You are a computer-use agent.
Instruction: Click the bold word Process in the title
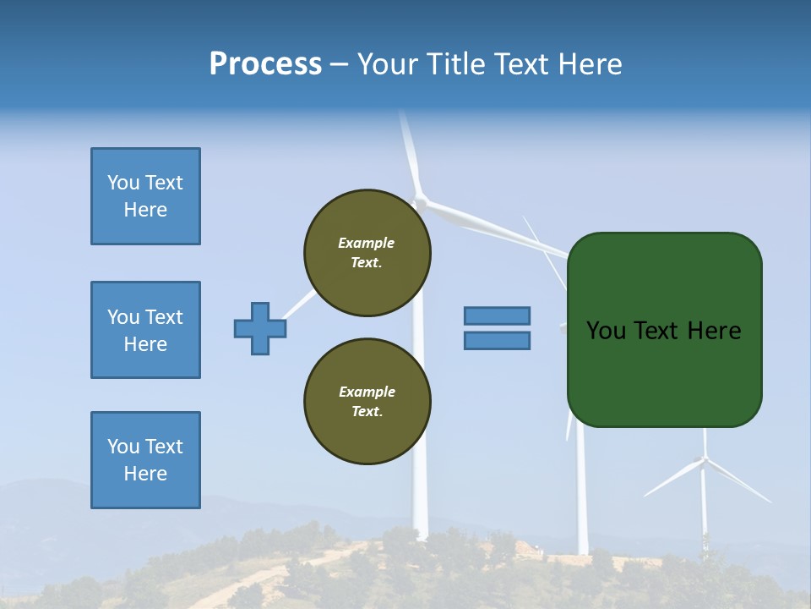(265, 64)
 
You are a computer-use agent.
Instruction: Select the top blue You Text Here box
(145, 196)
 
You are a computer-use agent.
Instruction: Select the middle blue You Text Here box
(145, 330)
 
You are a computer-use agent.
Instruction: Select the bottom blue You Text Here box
(145, 460)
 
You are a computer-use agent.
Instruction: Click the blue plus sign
(260, 328)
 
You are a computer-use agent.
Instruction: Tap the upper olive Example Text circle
(367, 253)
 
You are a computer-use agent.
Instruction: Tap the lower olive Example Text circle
(367, 402)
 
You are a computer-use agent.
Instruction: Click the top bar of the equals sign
(497, 315)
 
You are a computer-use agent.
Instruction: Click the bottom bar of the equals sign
(497, 341)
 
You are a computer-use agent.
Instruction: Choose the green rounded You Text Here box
(664, 329)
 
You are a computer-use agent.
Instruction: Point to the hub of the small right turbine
(703, 460)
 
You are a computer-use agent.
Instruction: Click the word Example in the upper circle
(367, 243)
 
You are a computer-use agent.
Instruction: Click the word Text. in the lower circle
(367, 412)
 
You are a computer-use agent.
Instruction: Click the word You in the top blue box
(122, 183)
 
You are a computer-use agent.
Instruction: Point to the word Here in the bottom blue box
(145, 474)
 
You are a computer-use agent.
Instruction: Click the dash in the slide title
(340, 64)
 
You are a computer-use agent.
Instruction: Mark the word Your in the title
(388, 64)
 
